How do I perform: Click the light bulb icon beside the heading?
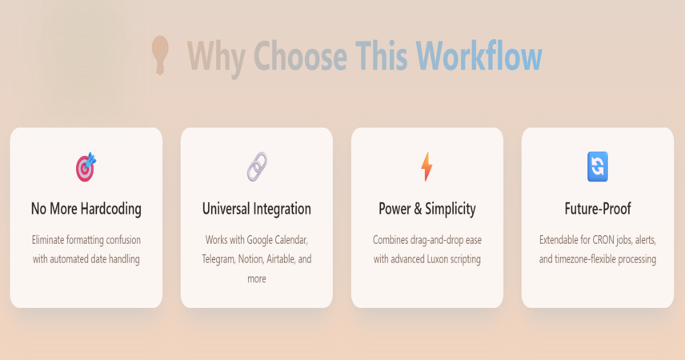pyautogui.click(x=160, y=55)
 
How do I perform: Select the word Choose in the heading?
pyautogui.click(x=301, y=56)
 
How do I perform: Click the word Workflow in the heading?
pyautogui.click(x=479, y=55)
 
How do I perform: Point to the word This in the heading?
pyautogui.click(x=382, y=55)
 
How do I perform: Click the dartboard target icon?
pyautogui.click(x=86, y=166)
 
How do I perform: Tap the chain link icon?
pyautogui.click(x=257, y=166)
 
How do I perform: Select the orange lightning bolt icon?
pyautogui.click(x=427, y=166)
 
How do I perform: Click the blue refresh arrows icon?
pyautogui.click(x=598, y=166)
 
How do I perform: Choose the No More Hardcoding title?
pyautogui.click(x=86, y=209)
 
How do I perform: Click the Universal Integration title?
pyautogui.click(x=256, y=209)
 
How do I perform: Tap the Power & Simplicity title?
pyautogui.click(x=427, y=209)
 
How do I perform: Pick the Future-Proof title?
pyautogui.click(x=598, y=209)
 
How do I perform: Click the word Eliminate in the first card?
pyautogui.click(x=48, y=240)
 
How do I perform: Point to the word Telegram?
pyautogui.click(x=218, y=259)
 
